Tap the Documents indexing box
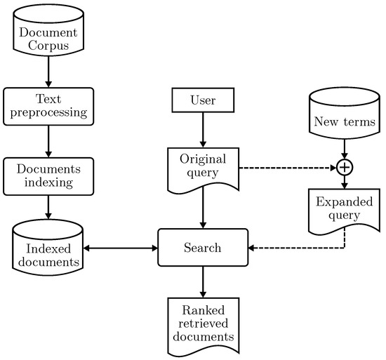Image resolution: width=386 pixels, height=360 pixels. coord(48,176)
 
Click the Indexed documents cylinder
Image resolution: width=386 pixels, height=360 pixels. coord(48,248)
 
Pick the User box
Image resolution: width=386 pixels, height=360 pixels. coord(203,100)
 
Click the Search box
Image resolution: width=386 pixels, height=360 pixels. coord(203,248)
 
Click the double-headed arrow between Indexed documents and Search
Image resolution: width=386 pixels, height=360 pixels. coord(119,248)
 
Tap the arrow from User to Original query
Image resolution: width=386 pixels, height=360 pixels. coord(203,130)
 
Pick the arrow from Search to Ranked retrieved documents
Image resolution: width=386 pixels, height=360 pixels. coord(203,281)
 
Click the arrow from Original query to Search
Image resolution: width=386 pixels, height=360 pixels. coord(203,211)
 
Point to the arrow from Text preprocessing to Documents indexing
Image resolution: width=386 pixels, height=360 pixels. coord(48,142)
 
